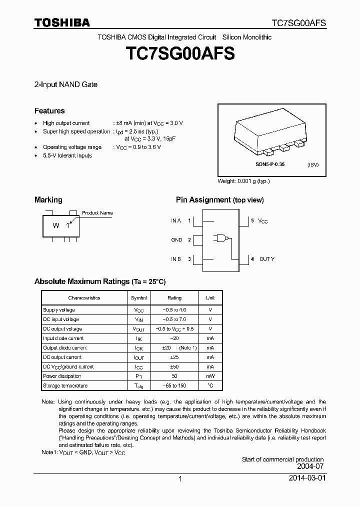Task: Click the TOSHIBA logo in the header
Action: pyautogui.click(x=62, y=22)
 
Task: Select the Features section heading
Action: pyautogui.click(x=49, y=111)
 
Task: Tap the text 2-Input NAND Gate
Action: pyautogui.click(x=65, y=84)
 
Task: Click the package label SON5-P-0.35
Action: pyautogui.click(x=270, y=164)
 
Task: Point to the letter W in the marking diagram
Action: pyautogui.click(x=56, y=225)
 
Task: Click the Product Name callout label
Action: pyautogui.click(x=97, y=213)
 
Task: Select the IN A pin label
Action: pyautogui.click(x=176, y=220)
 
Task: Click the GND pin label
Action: pyautogui.click(x=176, y=240)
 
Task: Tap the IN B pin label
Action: pyautogui.click(x=176, y=259)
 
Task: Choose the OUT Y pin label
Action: pyautogui.click(x=266, y=259)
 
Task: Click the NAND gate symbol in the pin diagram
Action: pyautogui.click(x=220, y=239)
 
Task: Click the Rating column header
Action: pyautogui.click(x=174, y=298)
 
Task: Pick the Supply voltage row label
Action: pyautogui.click(x=59, y=310)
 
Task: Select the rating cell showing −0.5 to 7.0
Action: pyautogui.click(x=174, y=319)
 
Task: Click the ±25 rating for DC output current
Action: pyautogui.click(x=174, y=357)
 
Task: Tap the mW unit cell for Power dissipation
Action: pyautogui.click(x=210, y=376)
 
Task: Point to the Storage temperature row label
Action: pyautogui.click(x=65, y=386)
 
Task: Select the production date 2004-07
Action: pyautogui.click(x=310, y=466)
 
